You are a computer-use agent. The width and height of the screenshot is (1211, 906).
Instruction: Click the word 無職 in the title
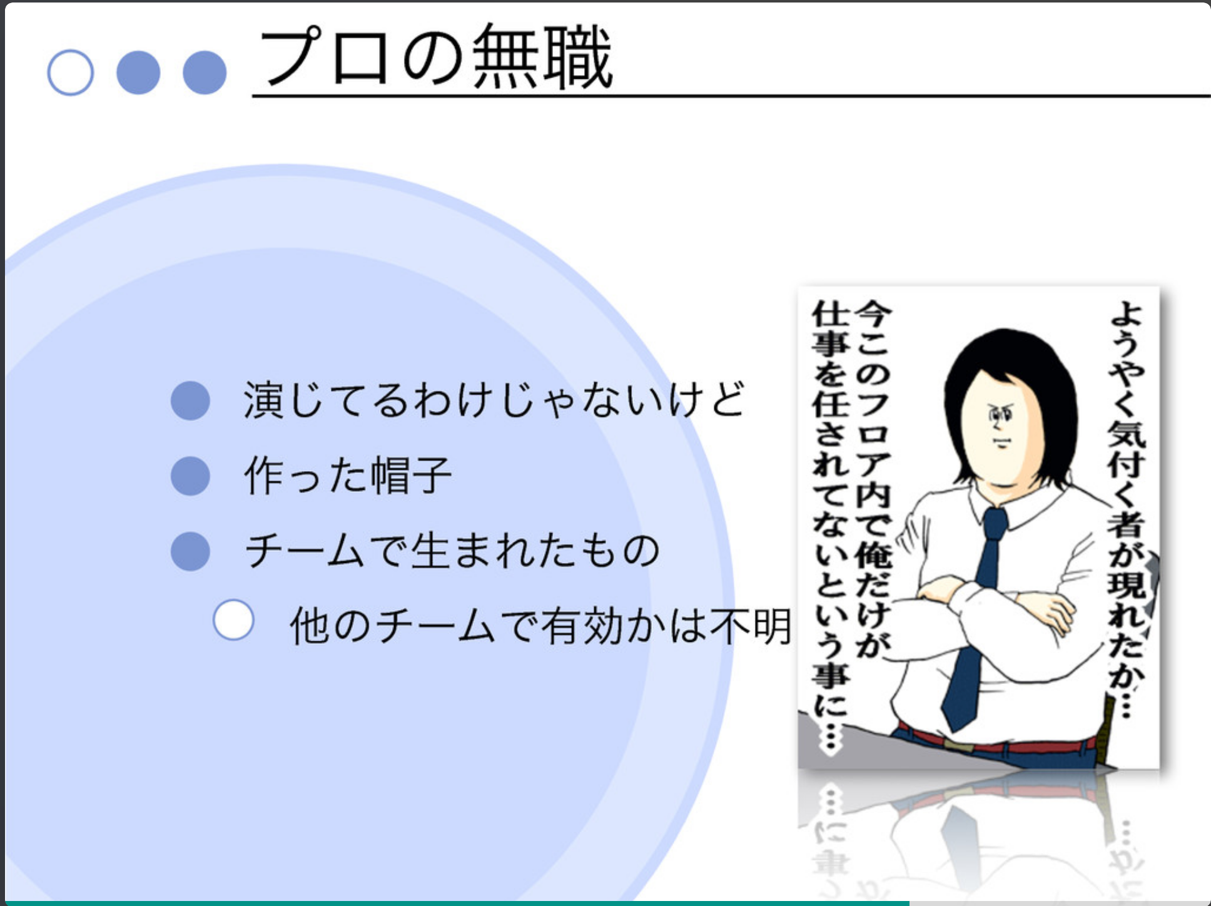click(542, 58)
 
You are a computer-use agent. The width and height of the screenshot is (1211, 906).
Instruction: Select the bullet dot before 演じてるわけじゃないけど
click(190, 400)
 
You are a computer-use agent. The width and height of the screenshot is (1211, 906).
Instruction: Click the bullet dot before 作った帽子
click(190, 476)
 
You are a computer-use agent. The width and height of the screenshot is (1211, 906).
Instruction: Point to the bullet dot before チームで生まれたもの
click(190, 551)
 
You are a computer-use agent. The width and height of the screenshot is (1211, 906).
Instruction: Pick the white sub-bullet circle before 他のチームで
click(233, 620)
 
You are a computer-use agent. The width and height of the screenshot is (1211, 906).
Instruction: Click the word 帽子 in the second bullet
click(411, 476)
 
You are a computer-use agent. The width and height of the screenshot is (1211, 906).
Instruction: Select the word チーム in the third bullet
click(305, 551)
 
